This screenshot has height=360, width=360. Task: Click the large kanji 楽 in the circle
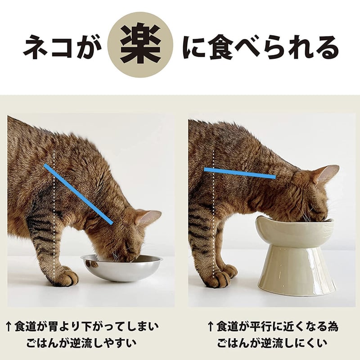[x=141, y=47]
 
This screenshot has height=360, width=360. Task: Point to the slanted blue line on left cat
[x=78, y=193]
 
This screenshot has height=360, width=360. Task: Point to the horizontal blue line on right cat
[x=239, y=173]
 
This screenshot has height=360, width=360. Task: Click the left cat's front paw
[x=65, y=276]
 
